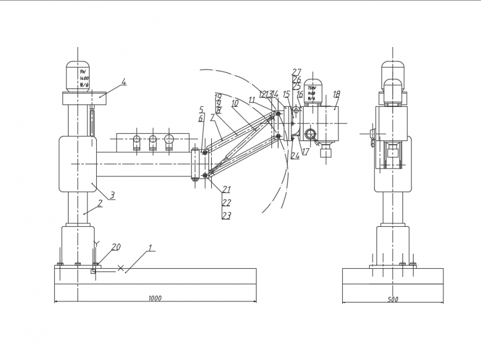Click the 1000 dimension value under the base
[x=155, y=299]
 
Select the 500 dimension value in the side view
[x=393, y=300]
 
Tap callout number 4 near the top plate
[x=124, y=82]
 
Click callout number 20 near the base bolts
[x=116, y=247]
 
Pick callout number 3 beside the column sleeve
[x=112, y=195]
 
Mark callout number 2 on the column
[x=100, y=203]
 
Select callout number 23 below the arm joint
[x=226, y=216]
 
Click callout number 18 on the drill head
[x=336, y=95]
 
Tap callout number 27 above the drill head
[x=296, y=72]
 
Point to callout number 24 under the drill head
[x=295, y=156]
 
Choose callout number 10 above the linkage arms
[x=234, y=103]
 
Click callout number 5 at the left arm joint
[x=202, y=109]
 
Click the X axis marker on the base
[x=121, y=268]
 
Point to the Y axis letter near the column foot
[x=97, y=243]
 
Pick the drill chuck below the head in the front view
[x=326, y=151]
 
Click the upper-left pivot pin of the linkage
[x=205, y=153]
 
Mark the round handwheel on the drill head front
[x=310, y=133]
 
